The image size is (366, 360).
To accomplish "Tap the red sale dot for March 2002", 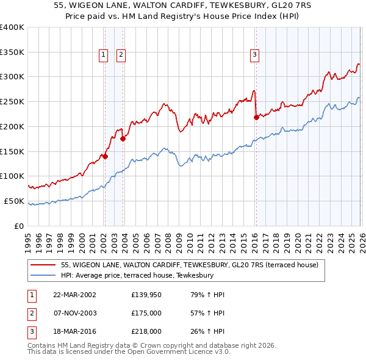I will pos(105,156).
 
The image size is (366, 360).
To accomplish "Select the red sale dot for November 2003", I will pos(123,139).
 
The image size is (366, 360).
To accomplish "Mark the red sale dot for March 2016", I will pos(256,117).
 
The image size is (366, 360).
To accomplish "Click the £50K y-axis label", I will pos(14,201).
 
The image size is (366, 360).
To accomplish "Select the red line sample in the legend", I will pos(45,265).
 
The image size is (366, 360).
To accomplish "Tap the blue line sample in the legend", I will pos(45,275).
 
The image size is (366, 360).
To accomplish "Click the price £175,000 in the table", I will pos(146,313).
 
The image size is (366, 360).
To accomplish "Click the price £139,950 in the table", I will pos(146,295).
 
